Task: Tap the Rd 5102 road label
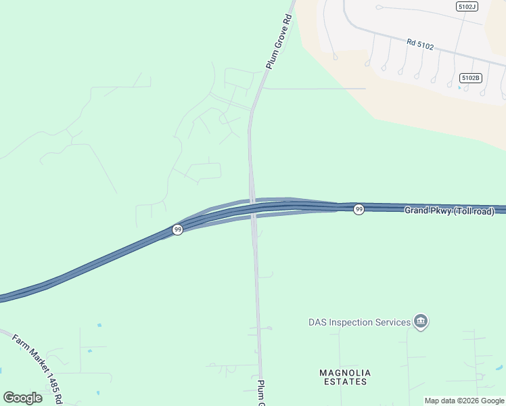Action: (420, 45)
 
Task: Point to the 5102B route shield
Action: (470, 78)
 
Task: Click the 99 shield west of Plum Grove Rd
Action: (177, 230)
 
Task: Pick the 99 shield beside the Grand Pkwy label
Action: (359, 210)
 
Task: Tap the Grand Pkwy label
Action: (428, 210)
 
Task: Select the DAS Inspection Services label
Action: (359, 322)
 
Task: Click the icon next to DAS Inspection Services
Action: (421, 322)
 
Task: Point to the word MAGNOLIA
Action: (345, 373)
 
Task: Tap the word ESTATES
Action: (345, 382)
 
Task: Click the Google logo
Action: (22, 397)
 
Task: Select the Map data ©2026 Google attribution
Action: (464, 401)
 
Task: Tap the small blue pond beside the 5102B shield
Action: (461, 88)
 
